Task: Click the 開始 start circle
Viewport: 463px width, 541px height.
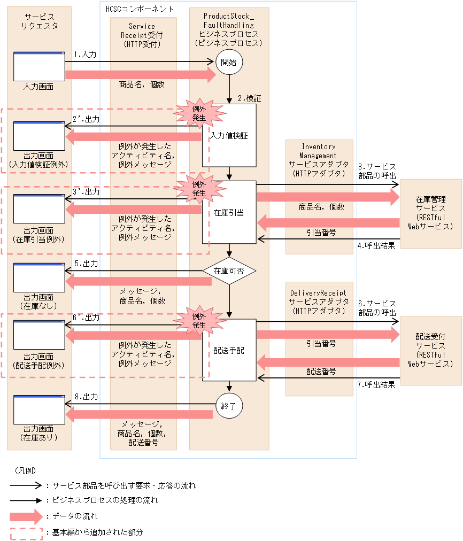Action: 229,62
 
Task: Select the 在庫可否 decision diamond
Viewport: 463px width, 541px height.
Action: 229,271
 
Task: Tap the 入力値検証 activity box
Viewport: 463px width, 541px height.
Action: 229,136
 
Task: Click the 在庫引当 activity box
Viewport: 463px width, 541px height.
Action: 229,212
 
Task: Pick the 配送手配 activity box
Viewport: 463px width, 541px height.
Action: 229,350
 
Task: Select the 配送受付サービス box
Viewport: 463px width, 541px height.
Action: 430,350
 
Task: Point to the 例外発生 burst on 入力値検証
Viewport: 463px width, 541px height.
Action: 199,113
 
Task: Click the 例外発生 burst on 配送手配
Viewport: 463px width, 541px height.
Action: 199,321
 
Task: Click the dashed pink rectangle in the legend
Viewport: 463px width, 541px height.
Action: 26,532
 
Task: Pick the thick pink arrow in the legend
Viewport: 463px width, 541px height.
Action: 26,516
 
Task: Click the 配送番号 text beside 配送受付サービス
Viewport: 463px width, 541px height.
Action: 321,370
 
